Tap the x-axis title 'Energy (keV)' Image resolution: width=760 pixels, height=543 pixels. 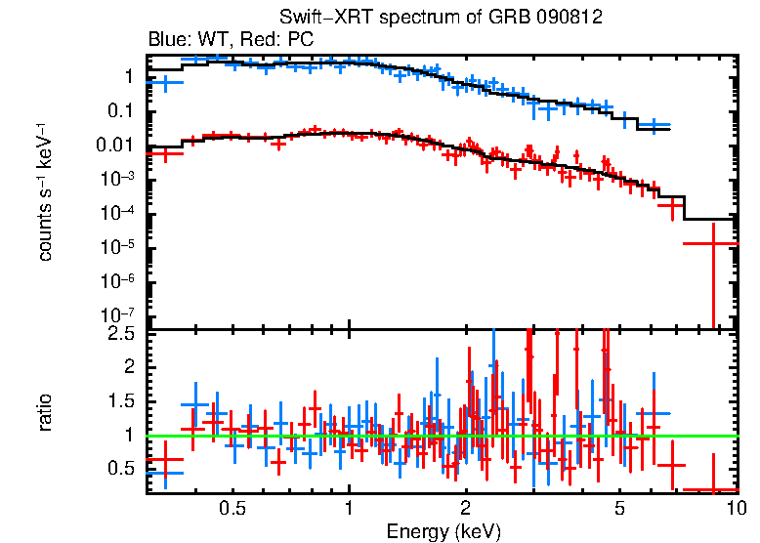coord(443,531)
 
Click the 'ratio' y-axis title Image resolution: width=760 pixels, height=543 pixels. coord(45,411)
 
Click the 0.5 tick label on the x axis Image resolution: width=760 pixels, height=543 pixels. coord(232,508)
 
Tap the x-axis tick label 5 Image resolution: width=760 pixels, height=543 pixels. coord(619,508)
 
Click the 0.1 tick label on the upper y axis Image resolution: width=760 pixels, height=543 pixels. coord(121,110)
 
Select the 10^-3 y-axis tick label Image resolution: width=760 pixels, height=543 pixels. coord(117,179)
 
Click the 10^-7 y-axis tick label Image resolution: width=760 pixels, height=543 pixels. coord(117,315)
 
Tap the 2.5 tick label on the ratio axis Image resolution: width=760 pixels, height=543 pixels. coord(121,333)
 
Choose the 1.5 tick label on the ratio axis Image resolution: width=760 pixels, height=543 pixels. coord(121,401)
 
